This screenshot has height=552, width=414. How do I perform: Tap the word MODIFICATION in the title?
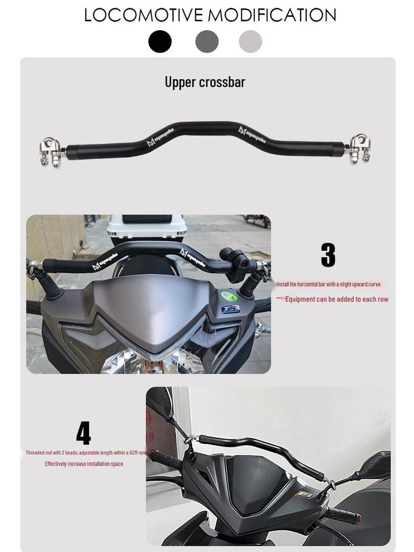(272, 15)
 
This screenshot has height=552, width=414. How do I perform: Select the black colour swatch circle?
(160, 42)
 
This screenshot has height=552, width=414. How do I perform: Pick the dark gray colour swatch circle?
(207, 42)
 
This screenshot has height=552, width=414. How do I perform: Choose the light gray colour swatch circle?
(250, 42)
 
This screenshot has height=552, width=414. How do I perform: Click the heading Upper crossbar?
(205, 82)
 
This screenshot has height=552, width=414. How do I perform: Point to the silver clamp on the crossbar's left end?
(51, 151)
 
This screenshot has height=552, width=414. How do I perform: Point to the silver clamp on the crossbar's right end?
(360, 148)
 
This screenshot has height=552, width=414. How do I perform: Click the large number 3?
(328, 256)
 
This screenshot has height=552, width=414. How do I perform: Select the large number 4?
(83, 433)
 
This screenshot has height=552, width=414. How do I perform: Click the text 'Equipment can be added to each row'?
(336, 299)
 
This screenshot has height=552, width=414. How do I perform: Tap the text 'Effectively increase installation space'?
(84, 464)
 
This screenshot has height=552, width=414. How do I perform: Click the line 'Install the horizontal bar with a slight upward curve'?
(329, 284)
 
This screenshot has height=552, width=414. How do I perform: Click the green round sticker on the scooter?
(229, 296)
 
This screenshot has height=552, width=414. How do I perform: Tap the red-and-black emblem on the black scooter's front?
(305, 494)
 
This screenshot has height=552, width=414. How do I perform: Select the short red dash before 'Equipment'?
(280, 298)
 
